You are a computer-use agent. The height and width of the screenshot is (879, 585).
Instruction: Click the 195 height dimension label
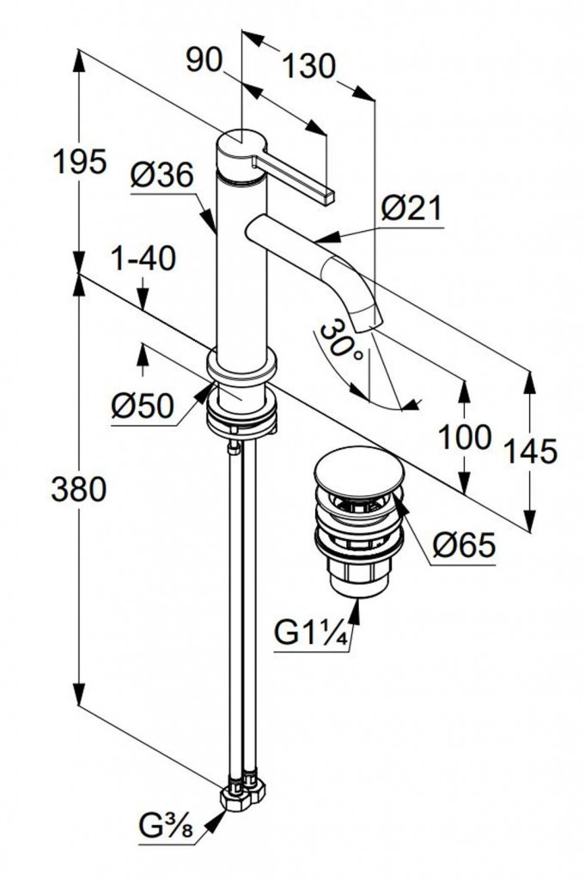click(79, 161)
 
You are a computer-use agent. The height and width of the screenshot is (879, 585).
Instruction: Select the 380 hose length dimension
click(79, 489)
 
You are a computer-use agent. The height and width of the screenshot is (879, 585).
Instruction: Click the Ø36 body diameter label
click(161, 176)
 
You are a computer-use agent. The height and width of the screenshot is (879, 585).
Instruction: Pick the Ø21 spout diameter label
click(411, 208)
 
